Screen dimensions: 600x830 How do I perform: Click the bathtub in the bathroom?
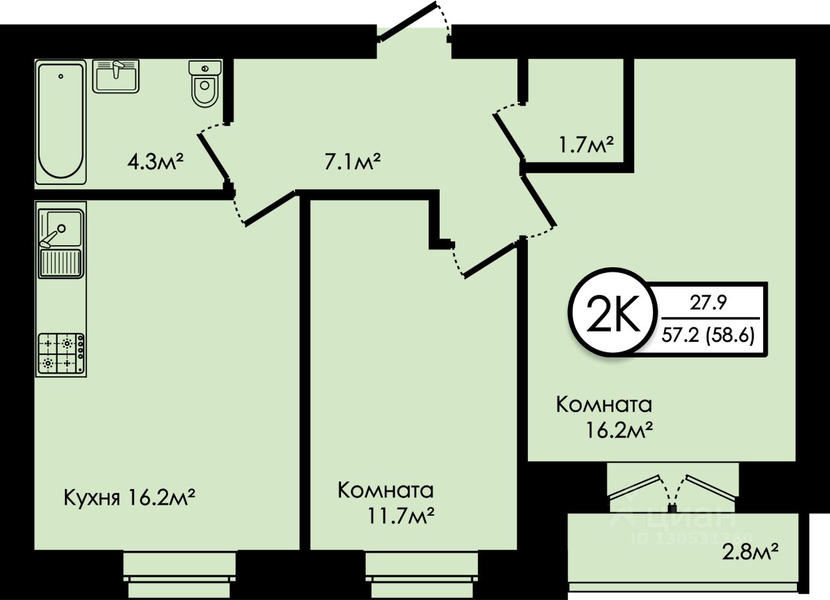[x=60, y=121]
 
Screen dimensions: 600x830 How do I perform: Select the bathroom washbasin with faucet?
[x=116, y=76]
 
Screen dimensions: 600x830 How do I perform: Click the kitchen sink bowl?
[x=61, y=228]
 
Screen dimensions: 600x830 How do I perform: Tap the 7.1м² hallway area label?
[x=351, y=160]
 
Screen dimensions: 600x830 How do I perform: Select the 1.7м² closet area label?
[x=586, y=144]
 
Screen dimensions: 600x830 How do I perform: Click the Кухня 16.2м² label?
[x=130, y=498]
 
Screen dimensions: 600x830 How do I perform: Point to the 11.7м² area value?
[x=399, y=517]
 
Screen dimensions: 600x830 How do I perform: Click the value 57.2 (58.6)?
[x=708, y=336]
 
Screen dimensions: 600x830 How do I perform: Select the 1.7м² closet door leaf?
[x=510, y=137]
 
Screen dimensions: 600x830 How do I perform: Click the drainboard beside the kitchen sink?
[x=61, y=263]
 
